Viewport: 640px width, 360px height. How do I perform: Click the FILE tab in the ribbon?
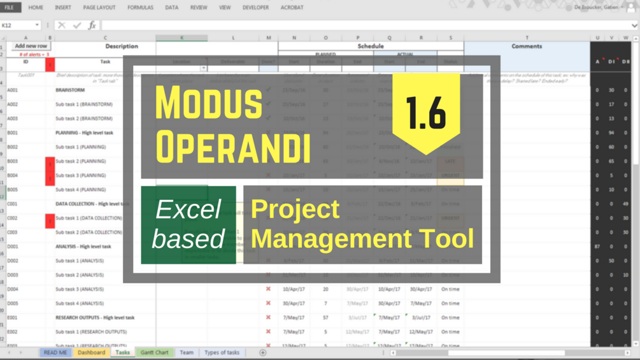tap(10, 8)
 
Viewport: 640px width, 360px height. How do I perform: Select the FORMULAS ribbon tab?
tap(140, 8)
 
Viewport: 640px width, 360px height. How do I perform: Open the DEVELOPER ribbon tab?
tap(255, 8)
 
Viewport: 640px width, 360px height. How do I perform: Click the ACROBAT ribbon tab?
tap(292, 8)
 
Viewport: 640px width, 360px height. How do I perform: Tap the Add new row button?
tap(31, 46)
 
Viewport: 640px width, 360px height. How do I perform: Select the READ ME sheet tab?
tap(55, 352)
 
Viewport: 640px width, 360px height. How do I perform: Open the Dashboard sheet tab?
tap(91, 352)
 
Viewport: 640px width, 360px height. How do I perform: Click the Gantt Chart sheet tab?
tap(154, 352)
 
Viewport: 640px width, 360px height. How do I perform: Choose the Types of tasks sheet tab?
tap(222, 352)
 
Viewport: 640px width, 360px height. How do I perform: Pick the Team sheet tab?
tap(186, 352)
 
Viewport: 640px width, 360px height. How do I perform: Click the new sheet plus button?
tap(262, 352)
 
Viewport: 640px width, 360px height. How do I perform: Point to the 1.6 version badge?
tap(426, 112)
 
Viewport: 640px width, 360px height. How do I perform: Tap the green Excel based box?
tap(188, 225)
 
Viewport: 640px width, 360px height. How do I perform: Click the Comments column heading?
tap(527, 47)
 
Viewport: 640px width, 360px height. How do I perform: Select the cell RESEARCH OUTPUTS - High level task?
tap(95, 317)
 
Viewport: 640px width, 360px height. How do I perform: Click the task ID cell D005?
tap(13, 303)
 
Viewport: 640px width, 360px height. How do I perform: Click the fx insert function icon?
tap(92, 25)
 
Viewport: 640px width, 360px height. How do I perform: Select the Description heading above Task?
tap(122, 47)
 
